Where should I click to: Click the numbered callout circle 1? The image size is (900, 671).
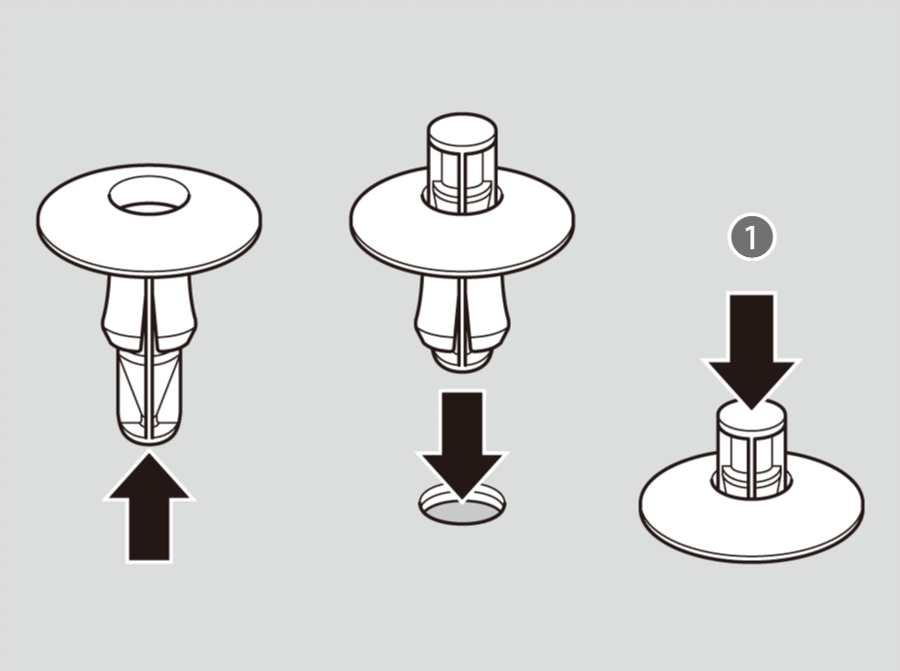[x=751, y=237]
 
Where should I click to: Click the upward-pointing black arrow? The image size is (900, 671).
[x=149, y=506]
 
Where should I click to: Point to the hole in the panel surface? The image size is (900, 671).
[x=462, y=505]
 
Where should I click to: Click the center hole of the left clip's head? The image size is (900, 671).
[x=149, y=196]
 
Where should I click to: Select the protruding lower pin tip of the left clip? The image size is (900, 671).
[x=149, y=395]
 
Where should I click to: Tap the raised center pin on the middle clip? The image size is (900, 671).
[x=462, y=164]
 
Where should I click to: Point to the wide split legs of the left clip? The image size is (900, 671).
[x=149, y=314]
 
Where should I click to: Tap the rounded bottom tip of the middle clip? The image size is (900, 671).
[x=462, y=360]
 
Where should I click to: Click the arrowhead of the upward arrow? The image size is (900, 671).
[x=149, y=475]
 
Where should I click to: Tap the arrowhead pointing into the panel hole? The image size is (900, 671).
[x=462, y=475]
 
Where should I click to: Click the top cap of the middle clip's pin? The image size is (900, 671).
[x=462, y=130]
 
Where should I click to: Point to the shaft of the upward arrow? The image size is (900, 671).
[x=149, y=529]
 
